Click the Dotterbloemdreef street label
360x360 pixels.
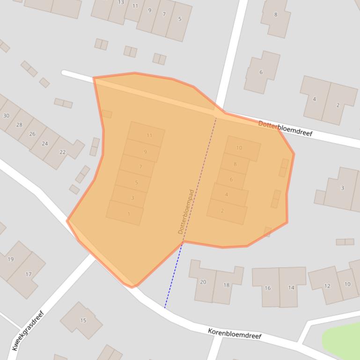tap(285, 129)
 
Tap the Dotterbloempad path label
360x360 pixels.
tap(186, 211)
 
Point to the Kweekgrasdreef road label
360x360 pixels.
tap(28, 330)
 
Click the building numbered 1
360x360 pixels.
tap(129, 214)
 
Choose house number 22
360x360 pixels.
tap(63, 152)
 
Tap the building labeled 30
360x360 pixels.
tap(6, 115)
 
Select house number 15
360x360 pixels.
tap(83, 320)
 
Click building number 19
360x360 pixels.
tap(11, 259)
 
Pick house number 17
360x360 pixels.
tap(28, 274)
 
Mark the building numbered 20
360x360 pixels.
tap(203, 282)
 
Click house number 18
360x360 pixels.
tap(227, 285)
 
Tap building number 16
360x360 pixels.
tap(267, 288)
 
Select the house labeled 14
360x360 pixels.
tap(291, 288)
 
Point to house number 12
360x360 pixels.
tap(327, 286)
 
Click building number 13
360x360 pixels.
tap(121, 2)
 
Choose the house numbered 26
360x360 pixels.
tap(32, 134)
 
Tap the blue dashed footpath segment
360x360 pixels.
tap(173, 276)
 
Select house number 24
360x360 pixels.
tap(44, 144)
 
